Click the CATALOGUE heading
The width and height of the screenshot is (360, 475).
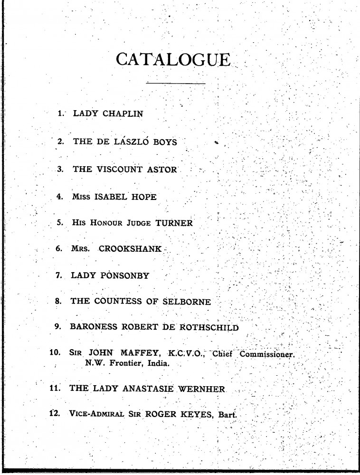click(174, 60)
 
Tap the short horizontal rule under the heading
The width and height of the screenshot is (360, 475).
click(176, 84)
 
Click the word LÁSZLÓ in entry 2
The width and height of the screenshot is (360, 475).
click(138, 142)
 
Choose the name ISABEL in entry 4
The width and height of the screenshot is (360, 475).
click(113, 197)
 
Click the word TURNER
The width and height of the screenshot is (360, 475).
click(172, 223)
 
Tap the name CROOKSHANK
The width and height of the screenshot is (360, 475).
click(131, 249)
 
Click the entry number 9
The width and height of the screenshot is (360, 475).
click(59, 328)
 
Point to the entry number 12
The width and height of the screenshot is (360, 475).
click(54, 413)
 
